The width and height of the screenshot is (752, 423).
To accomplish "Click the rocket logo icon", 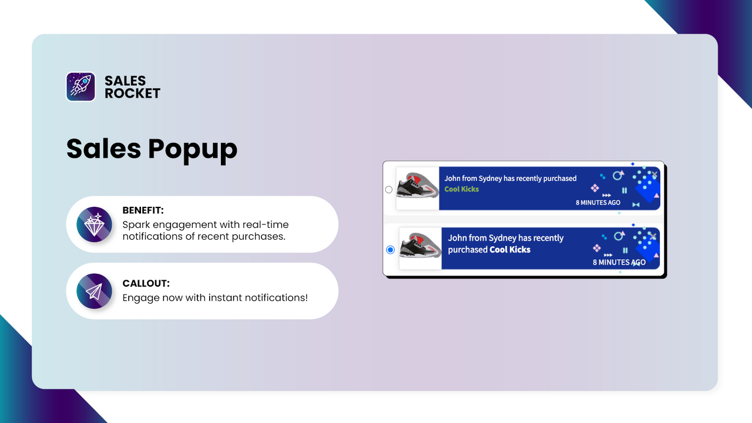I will [81, 86].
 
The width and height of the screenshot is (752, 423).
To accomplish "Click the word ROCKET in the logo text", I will [132, 93].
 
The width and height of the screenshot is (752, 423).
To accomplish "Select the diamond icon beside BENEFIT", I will [94, 224].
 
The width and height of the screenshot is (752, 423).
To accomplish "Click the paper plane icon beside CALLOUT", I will [94, 291].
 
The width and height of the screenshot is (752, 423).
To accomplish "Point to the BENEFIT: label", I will [142, 210].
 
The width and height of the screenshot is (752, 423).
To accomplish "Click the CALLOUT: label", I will [146, 284].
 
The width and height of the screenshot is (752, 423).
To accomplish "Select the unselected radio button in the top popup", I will [388, 190].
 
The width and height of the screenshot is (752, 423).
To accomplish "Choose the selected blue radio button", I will [390, 250].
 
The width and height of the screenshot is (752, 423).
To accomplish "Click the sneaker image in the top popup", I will [417, 188].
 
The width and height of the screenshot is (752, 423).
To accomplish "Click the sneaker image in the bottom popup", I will [420, 249].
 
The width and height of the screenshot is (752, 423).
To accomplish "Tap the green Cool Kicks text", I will [462, 189].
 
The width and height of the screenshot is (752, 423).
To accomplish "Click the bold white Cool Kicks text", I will [510, 250].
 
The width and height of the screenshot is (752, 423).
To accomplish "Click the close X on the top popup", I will [654, 174].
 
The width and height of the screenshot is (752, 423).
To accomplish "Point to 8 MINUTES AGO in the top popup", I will [597, 203].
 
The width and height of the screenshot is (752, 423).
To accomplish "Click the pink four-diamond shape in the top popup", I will [595, 188].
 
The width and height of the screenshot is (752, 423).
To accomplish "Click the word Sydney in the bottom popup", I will [502, 238].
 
